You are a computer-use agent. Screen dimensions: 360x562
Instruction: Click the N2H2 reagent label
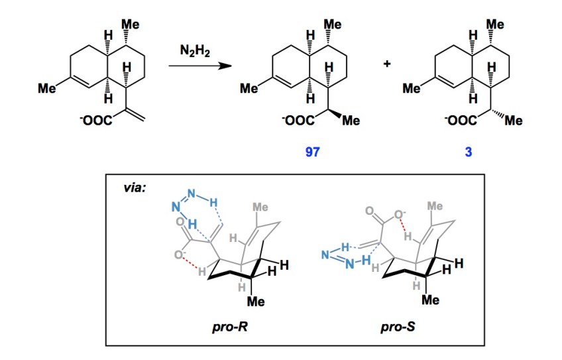(x=194, y=50)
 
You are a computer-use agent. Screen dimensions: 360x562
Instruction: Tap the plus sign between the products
(x=387, y=64)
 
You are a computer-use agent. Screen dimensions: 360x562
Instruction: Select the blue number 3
(x=468, y=152)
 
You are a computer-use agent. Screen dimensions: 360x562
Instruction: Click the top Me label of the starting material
(x=130, y=25)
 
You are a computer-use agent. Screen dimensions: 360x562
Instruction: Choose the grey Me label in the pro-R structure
(x=260, y=206)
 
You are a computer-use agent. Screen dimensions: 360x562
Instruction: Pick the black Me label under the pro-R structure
(x=255, y=302)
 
